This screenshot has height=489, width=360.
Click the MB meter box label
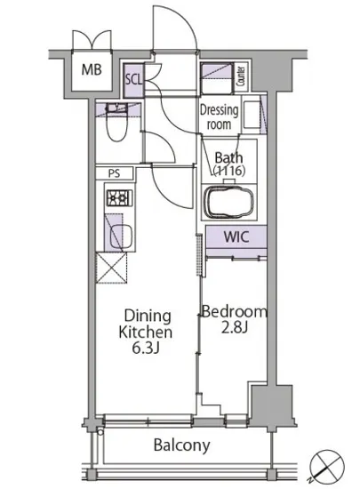pyautogui.click(x=92, y=69)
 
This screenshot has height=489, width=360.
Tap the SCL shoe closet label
pyautogui.click(x=133, y=79)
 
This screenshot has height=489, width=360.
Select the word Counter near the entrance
pyautogui.click(x=241, y=76)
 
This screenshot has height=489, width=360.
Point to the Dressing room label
pyautogui.click(x=220, y=117)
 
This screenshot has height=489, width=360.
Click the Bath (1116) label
pyautogui.click(x=228, y=164)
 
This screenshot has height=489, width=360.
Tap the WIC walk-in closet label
pyautogui.click(x=236, y=236)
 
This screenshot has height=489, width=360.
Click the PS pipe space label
pyautogui.click(x=114, y=173)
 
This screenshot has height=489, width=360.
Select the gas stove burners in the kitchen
pyautogui.click(x=119, y=197)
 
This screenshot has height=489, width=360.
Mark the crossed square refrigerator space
pyautogui.click(x=111, y=268)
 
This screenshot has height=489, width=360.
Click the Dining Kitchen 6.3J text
pyautogui.click(x=146, y=332)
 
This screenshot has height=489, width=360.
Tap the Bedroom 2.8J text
pyautogui.click(x=235, y=319)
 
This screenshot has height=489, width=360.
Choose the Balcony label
pyautogui.click(x=182, y=445)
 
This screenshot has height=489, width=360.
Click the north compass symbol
pyautogui.click(x=327, y=466)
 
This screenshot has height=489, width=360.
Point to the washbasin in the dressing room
pyautogui.click(x=252, y=115)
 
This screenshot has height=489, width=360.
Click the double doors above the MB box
pyautogui.click(x=92, y=40)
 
